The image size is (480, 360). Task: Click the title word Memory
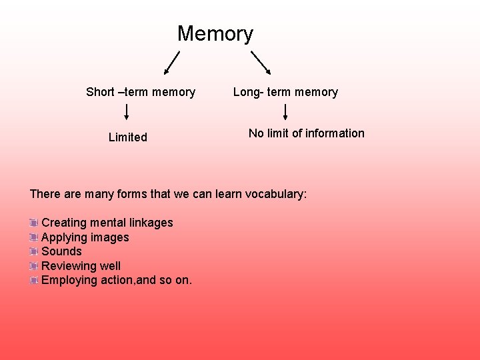pyautogui.click(x=215, y=33)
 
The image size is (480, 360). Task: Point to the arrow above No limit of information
pyautogui.click(x=285, y=111)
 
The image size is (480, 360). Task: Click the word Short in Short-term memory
pyautogui.click(x=100, y=92)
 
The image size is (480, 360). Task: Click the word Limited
pyautogui.click(x=127, y=137)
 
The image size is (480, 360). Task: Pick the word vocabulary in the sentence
pyautogui.click(x=275, y=194)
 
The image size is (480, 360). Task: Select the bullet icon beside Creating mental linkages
pyautogui.click(x=34, y=223)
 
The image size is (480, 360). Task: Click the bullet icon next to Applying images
pyautogui.click(x=34, y=237)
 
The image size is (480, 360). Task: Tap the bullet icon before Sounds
pyautogui.click(x=34, y=251)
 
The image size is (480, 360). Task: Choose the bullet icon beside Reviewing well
pyautogui.click(x=34, y=266)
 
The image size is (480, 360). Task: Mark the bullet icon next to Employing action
pyautogui.click(x=34, y=281)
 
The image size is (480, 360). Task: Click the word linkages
pyautogui.click(x=151, y=223)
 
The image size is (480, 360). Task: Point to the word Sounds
pyautogui.click(x=61, y=251)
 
